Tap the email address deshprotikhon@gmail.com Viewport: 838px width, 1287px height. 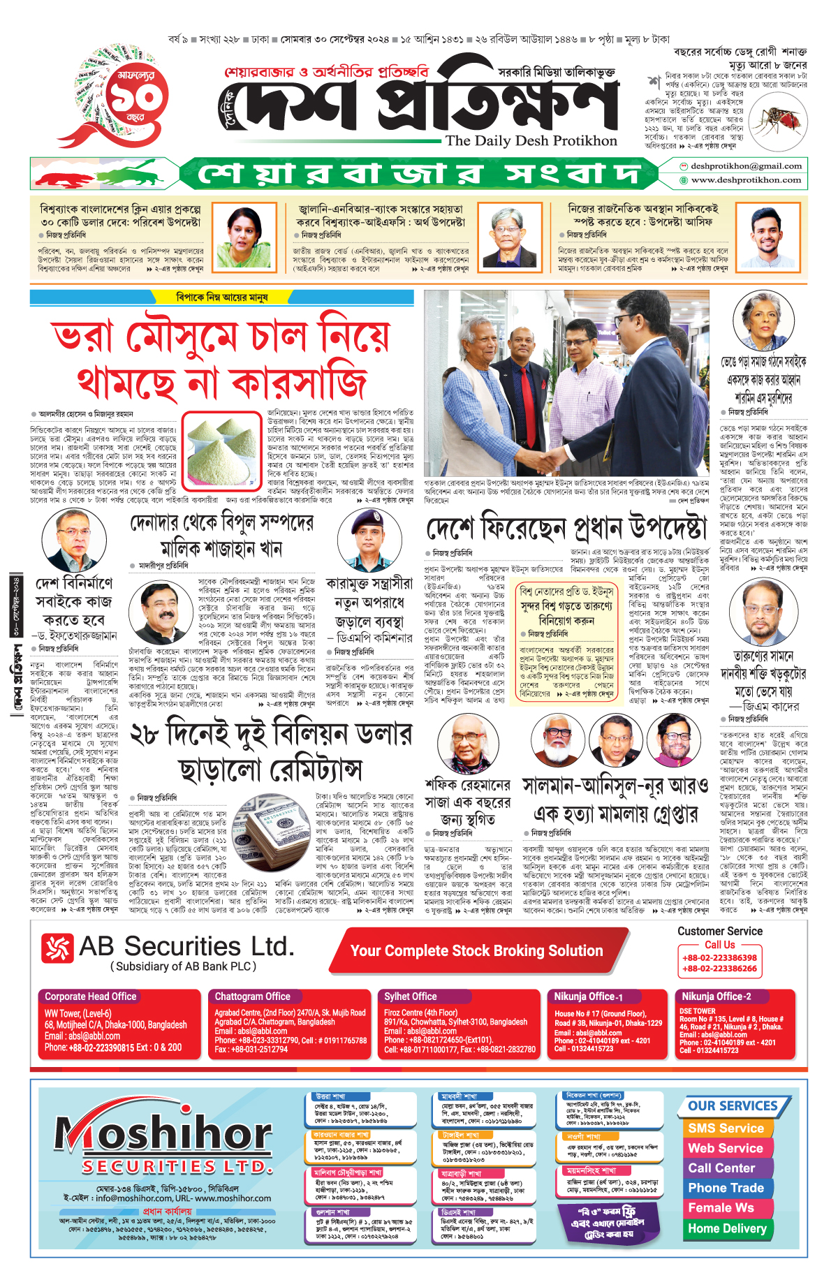click(x=745, y=166)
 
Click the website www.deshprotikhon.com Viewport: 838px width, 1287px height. click(x=746, y=180)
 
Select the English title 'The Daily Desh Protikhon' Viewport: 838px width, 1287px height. click(x=531, y=141)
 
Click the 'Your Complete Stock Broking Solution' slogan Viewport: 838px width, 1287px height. click(x=476, y=950)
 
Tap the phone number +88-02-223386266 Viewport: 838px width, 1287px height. click(x=719, y=969)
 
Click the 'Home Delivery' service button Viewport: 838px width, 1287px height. click(x=727, y=1228)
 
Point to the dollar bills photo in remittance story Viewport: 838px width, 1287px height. click(x=272, y=832)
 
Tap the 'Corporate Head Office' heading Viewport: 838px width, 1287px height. click(x=91, y=996)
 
